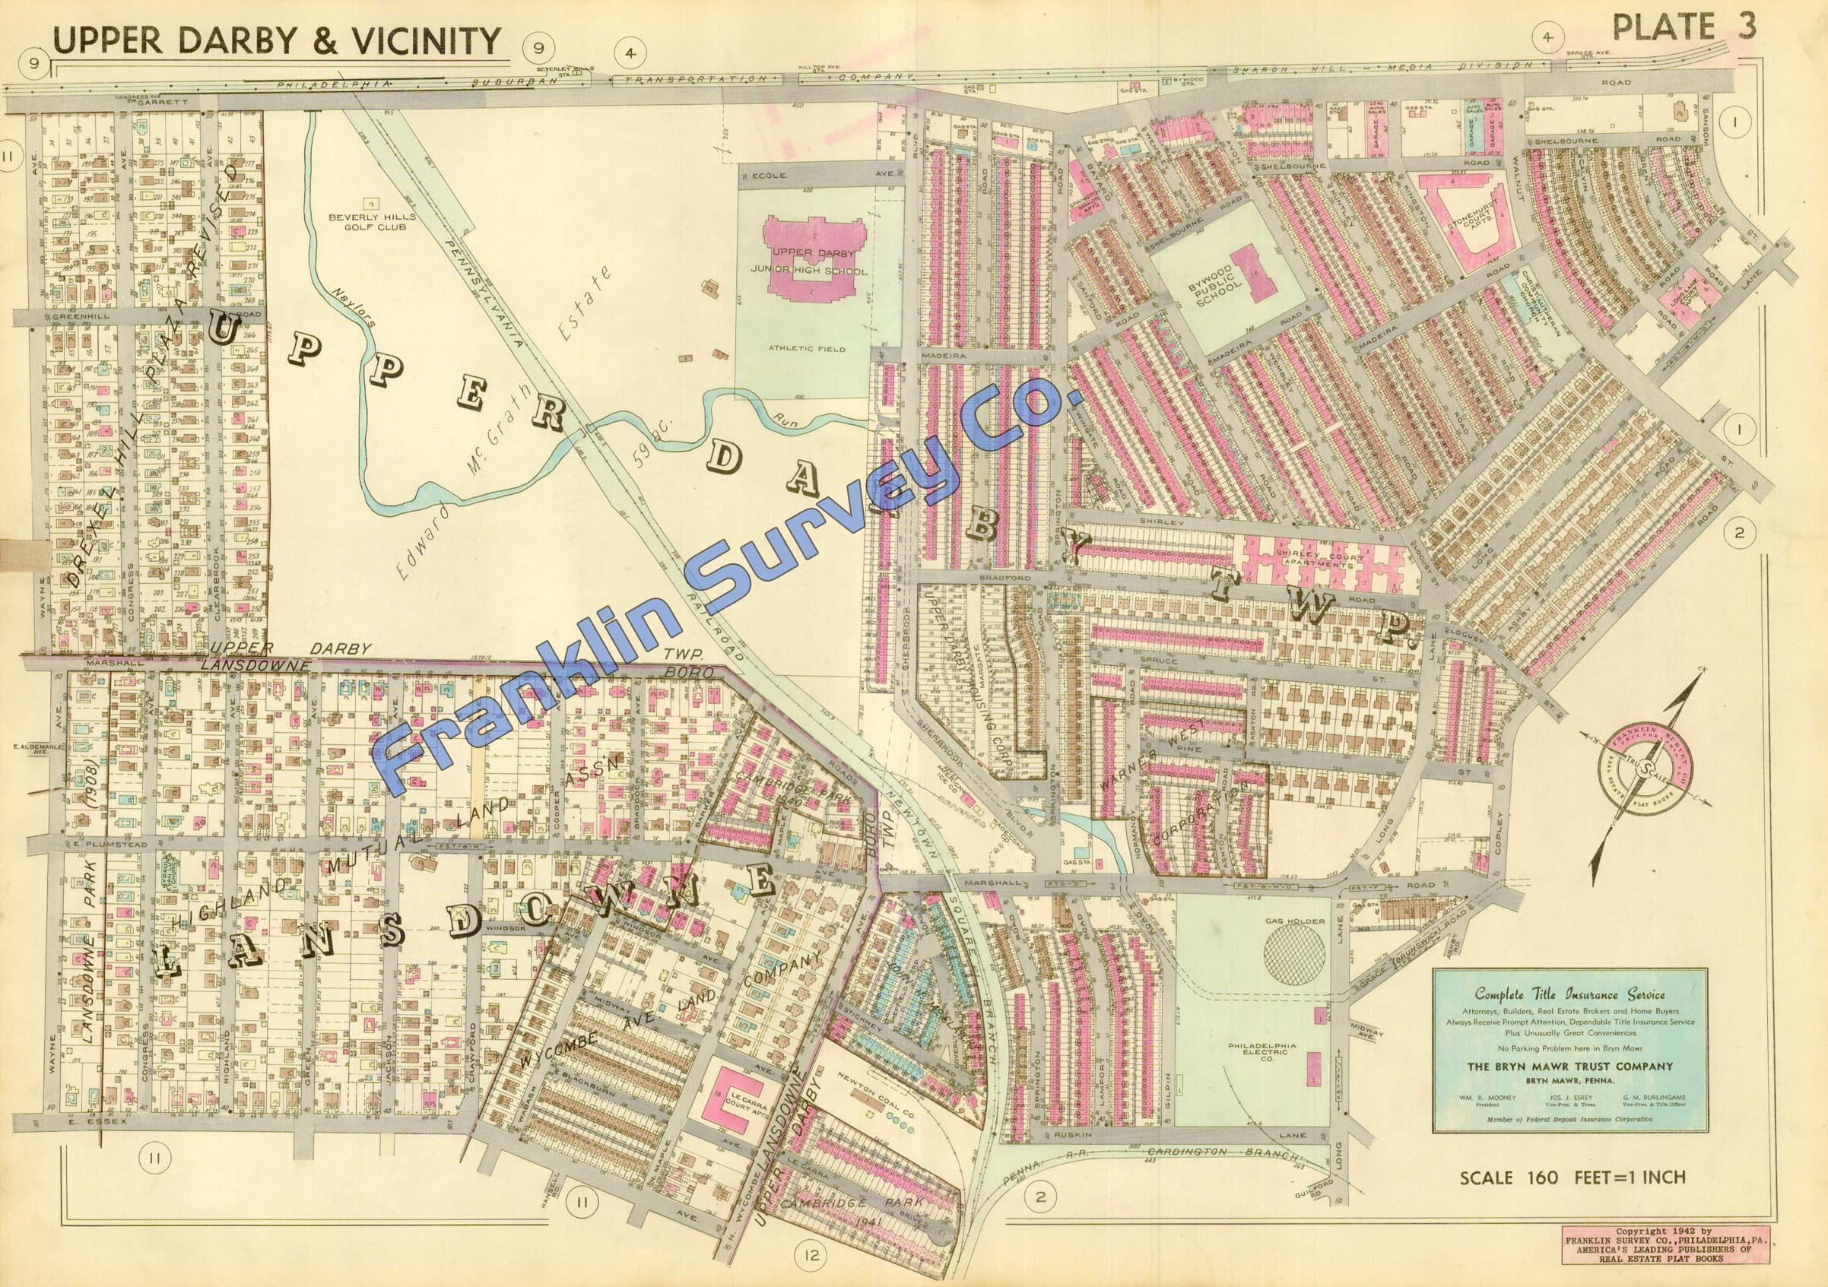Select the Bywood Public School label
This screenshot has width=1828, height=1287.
click(1200, 278)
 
